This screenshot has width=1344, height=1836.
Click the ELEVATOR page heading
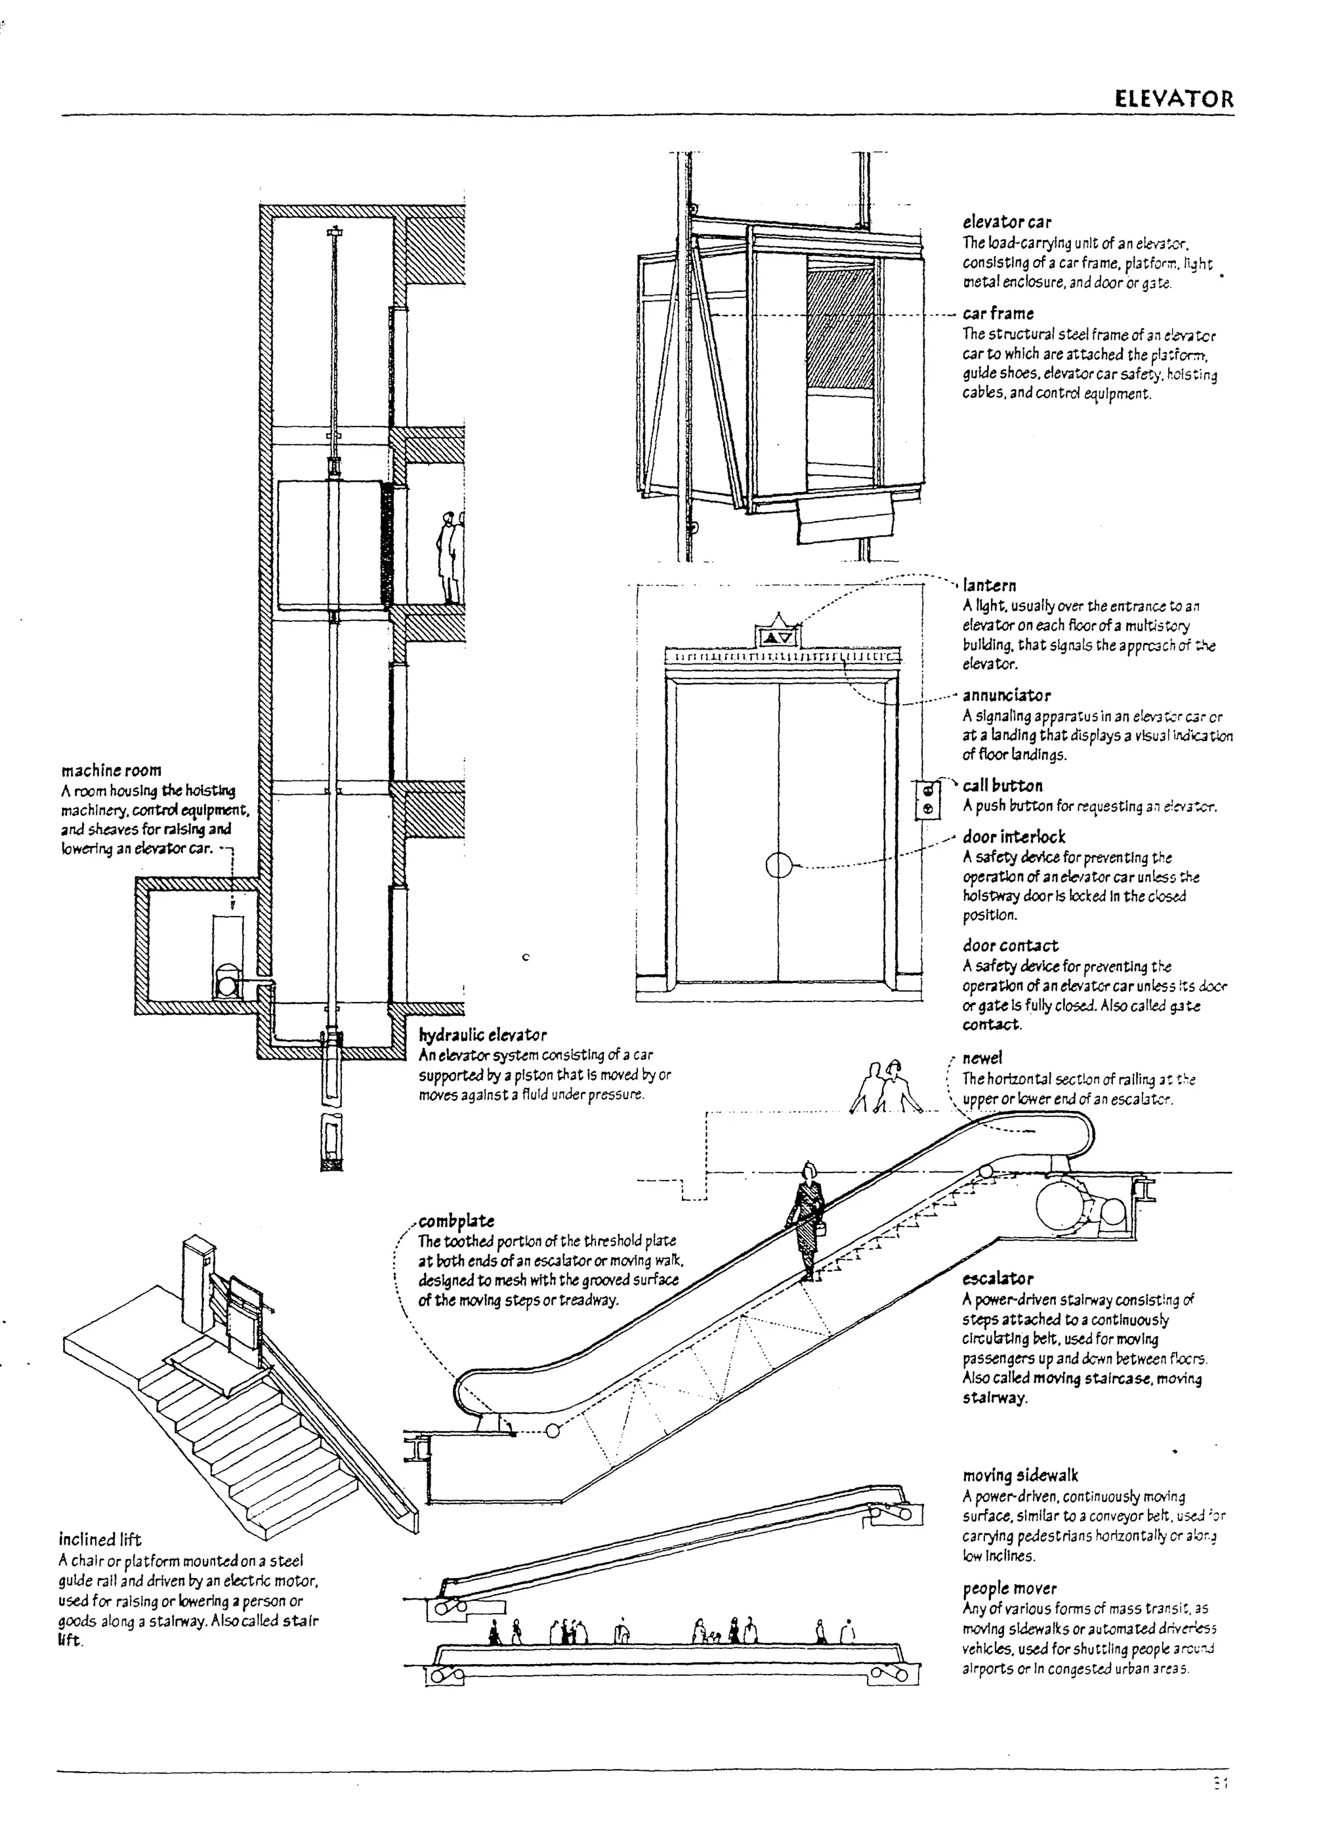click(x=1173, y=100)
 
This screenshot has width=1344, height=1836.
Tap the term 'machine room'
click(x=112, y=770)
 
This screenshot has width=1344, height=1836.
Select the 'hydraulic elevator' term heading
click(x=482, y=1035)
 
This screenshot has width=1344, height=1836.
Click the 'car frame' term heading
click(x=998, y=314)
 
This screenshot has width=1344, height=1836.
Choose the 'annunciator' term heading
click(x=1007, y=696)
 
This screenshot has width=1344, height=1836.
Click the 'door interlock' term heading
click(x=1014, y=837)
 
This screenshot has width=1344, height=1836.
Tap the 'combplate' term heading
click(x=456, y=1221)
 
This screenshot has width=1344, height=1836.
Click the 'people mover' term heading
click(x=1009, y=1588)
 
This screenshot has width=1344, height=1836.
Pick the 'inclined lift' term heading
click(x=100, y=1539)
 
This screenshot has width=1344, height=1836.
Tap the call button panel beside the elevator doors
click(x=929, y=799)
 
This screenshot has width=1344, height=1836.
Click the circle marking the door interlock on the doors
click(x=778, y=866)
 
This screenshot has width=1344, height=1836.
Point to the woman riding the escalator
click(x=807, y=1221)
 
